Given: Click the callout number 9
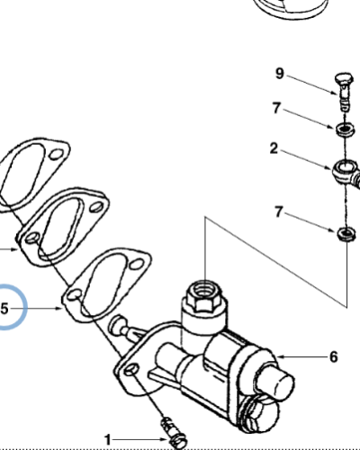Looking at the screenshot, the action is [x=279, y=74].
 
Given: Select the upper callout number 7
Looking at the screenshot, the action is [x=276, y=108].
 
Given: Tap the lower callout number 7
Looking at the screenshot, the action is [x=279, y=212].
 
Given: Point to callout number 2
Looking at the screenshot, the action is [x=274, y=148].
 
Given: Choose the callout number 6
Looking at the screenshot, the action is [x=334, y=357].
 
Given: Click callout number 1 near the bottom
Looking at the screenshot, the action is [x=108, y=440].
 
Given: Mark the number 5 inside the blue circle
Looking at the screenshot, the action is [x=4, y=309].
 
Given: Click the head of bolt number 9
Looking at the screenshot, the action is [x=343, y=78].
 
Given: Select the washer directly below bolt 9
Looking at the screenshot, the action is [x=346, y=130].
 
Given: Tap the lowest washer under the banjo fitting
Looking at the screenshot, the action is [x=346, y=233].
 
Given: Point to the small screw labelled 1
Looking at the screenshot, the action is [x=175, y=432].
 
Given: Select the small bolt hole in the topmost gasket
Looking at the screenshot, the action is [x=56, y=155].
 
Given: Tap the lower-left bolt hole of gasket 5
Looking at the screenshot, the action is [x=73, y=294].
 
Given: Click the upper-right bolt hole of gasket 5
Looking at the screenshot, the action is [x=137, y=265].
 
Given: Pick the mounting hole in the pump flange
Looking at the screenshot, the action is [x=131, y=370].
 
